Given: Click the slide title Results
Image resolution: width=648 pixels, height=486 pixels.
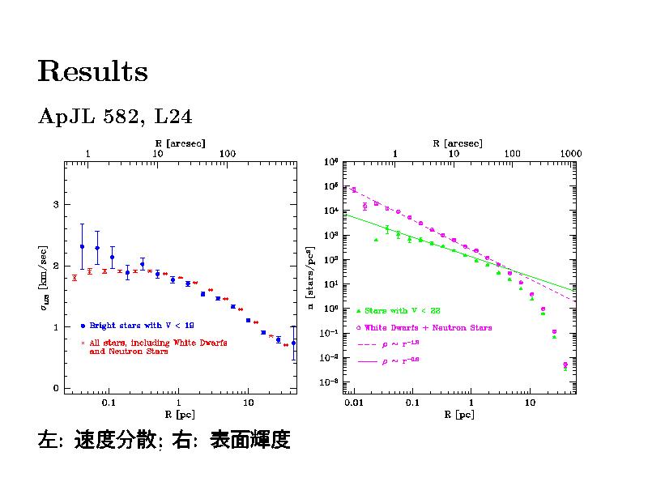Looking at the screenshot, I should click(x=92, y=72).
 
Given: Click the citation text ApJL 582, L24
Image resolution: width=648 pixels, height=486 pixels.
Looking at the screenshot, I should click(x=114, y=117).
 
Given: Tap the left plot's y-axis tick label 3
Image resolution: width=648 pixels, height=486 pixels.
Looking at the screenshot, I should click(x=56, y=204).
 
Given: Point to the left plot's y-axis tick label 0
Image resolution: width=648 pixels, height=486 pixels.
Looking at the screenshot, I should click(x=56, y=389).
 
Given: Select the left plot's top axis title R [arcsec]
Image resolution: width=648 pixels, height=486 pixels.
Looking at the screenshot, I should click(x=181, y=143).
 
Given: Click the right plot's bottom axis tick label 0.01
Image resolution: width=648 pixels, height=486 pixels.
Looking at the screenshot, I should click(x=353, y=403).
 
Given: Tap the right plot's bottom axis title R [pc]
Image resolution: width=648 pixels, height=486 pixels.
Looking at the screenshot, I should click(x=459, y=415).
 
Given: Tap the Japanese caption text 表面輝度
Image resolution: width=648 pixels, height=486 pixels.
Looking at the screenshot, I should click(x=250, y=441).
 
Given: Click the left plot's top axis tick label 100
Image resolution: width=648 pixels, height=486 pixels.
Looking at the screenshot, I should click(x=228, y=153).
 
